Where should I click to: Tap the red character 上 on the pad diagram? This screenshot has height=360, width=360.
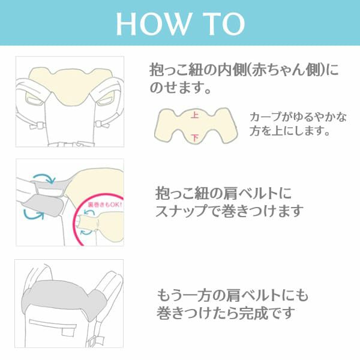pyautogui.click(x=193, y=113)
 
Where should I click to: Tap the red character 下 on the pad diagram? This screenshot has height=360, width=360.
pyautogui.click(x=194, y=137)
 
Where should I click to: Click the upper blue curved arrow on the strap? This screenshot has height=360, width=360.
pyautogui.click(x=43, y=178)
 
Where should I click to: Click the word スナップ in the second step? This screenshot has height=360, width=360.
pyautogui.click(x=185, y=212)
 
